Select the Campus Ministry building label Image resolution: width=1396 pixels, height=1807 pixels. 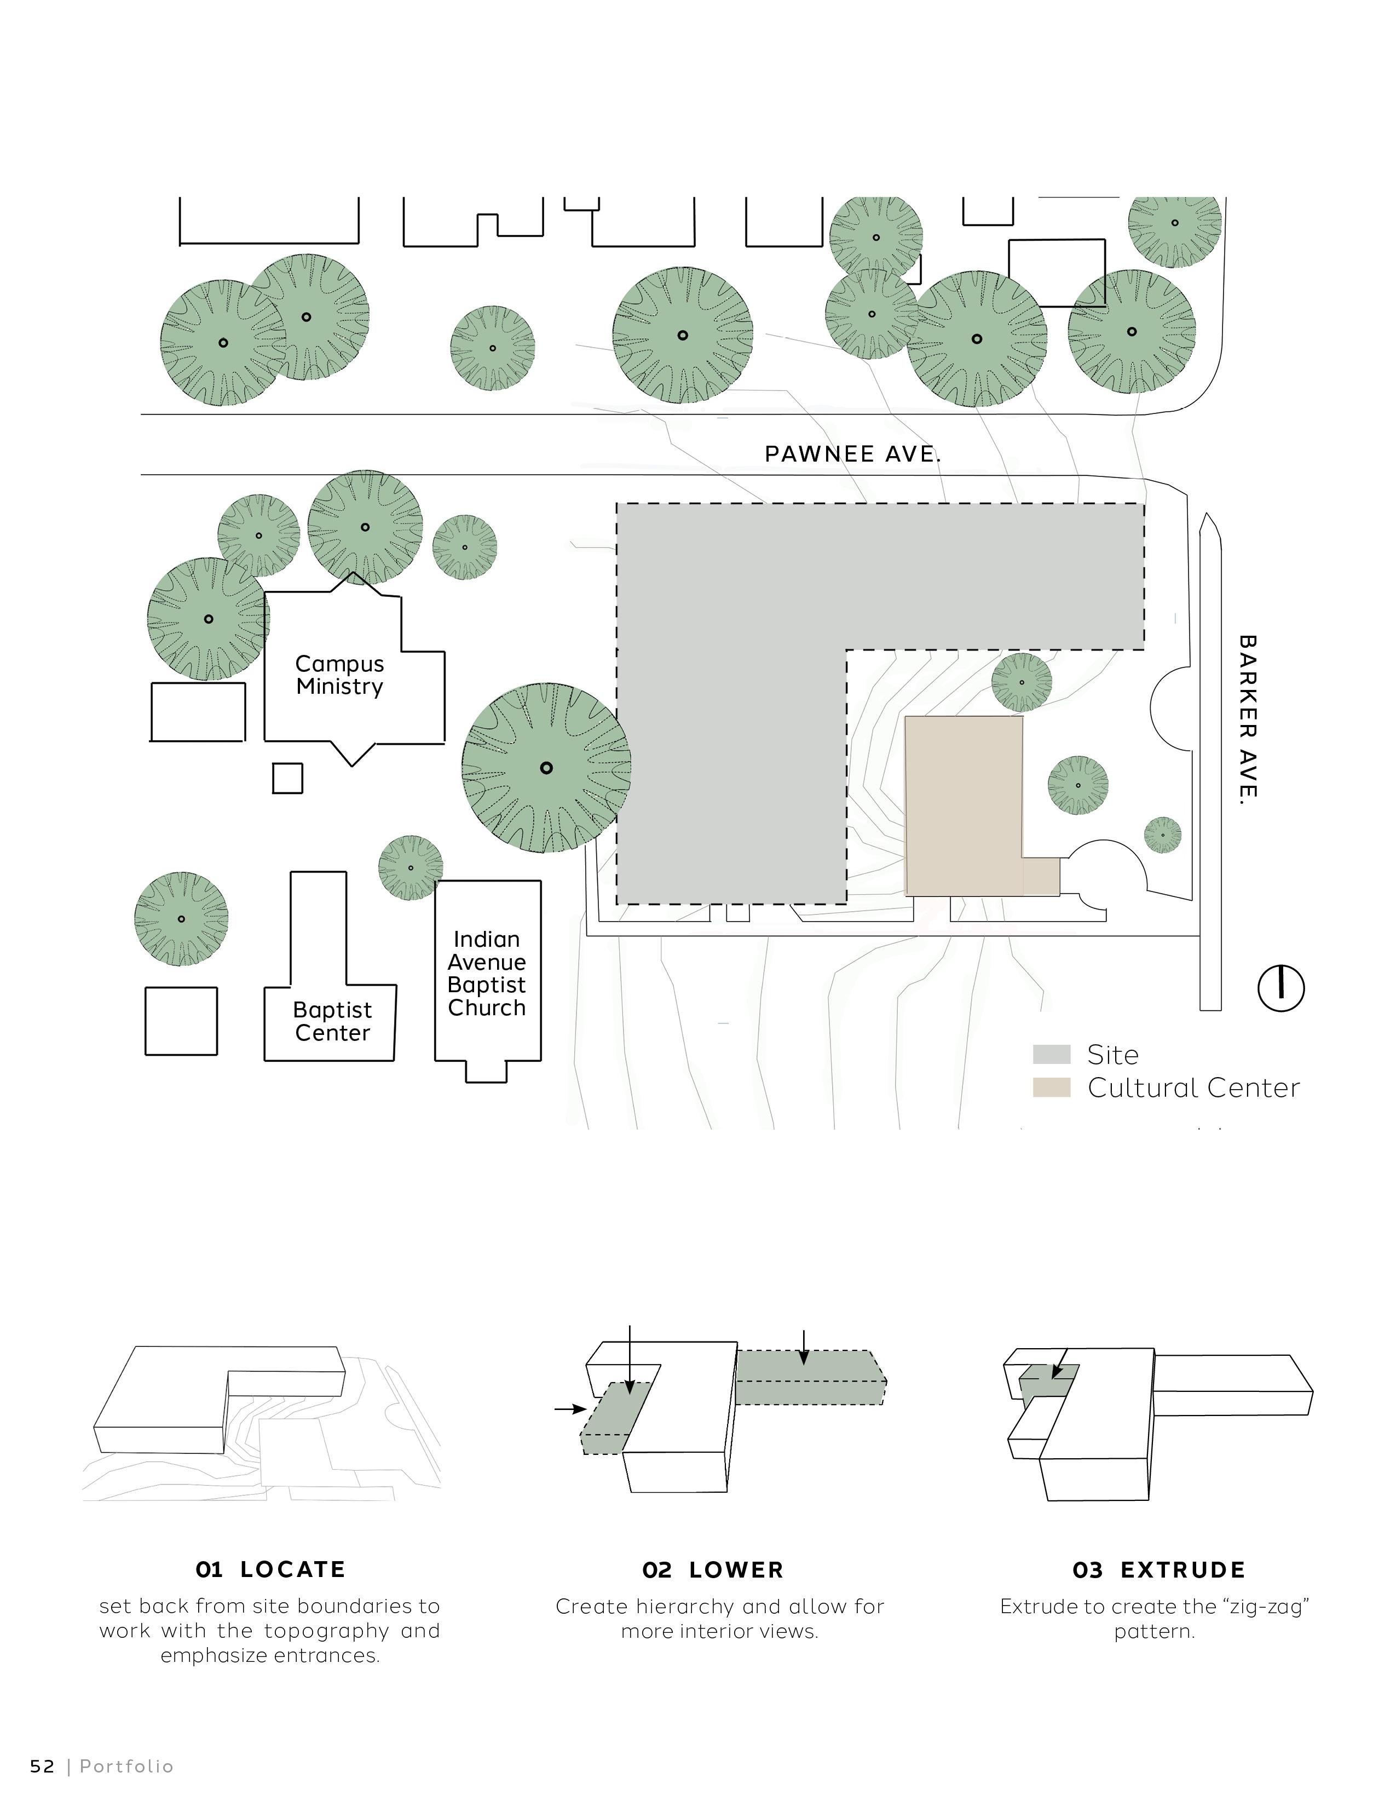click(340, 675)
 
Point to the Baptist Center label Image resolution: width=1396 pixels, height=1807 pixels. click(332, 1021)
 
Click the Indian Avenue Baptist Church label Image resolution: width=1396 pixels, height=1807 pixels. click(487, 973)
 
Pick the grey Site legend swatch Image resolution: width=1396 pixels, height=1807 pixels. click(1051, 1054)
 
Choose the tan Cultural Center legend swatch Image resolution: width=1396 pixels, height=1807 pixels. click(1051, 1087)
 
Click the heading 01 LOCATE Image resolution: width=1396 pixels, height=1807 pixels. click(270, 1569)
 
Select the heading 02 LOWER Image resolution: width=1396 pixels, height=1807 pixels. click(712, 1569)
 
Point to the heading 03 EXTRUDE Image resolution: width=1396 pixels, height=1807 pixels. click(1158, 1569)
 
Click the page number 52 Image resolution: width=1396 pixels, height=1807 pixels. click(42, 1766)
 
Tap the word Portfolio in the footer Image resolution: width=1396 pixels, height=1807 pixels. click(126, 1766)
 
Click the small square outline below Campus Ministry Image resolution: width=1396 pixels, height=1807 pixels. click(287, 778)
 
